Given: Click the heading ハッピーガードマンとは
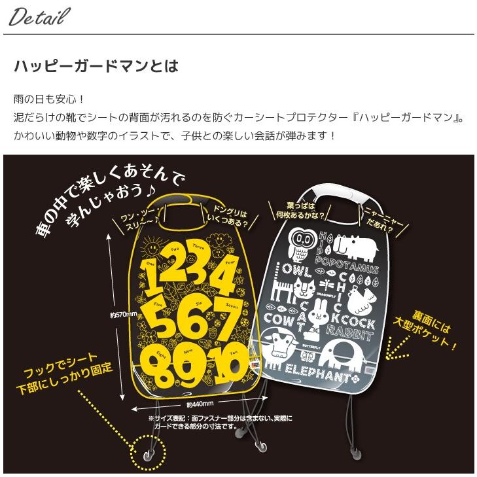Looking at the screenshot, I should (x=96, y=67).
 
